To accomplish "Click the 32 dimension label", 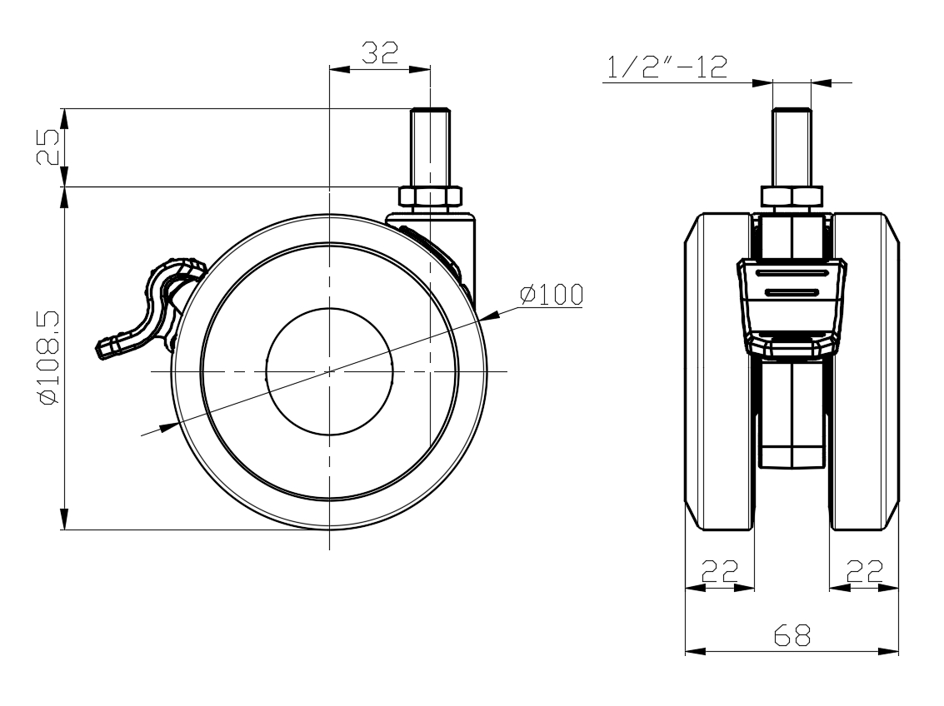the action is [x=380, y=53].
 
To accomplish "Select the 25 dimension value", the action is [x=48, y=147].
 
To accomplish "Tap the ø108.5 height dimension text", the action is [x=48, y=358].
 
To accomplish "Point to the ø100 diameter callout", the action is [x=552, y=295].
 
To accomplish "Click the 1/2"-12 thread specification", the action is [x=667, y=67].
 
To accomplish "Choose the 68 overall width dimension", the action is [x=792, y=635].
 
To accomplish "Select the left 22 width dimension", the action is [x=719, y=570].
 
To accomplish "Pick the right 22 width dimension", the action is [x=865, y=570].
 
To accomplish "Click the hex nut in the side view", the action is [x=430, y=196].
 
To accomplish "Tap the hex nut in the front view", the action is [x=792, y=196].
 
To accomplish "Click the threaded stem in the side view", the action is [x=430, y=147].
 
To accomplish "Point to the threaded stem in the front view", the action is [x=792, y=147].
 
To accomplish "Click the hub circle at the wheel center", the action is [x=329, y=371].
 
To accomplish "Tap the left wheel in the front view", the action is [x=719, y=371].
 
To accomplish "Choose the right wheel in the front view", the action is [x=865, y=371].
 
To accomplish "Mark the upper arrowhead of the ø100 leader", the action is [x=489, y=316].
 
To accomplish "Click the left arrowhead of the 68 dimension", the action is [x=696, y=651].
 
